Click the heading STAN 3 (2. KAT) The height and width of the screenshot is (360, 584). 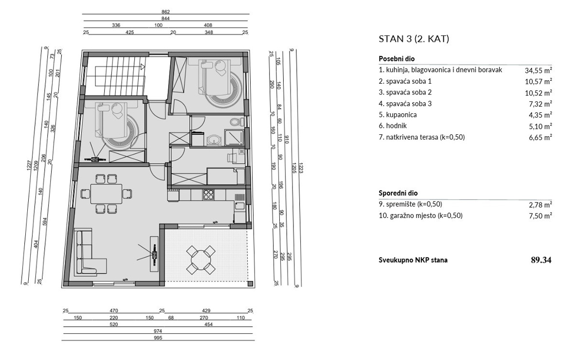click(x=414, y=39)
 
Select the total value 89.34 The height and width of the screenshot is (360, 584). click(x=541, y=260)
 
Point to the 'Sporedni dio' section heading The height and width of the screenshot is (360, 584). click(x=398, y=193)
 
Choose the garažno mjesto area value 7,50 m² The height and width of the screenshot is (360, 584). click(x=541, y=216)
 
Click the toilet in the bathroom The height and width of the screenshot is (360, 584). click(x=236, y=121)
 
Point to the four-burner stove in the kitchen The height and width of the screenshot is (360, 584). click(x=209, y=194)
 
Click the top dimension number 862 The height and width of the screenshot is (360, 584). click(x=165, y=12)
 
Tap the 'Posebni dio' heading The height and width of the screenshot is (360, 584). click(x=397, y=58)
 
